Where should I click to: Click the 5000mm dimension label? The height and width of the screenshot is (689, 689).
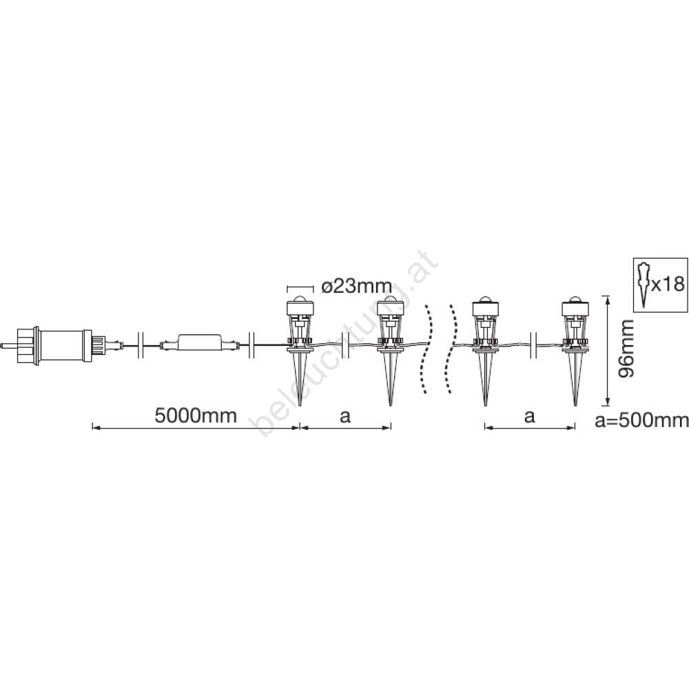coord(196,415)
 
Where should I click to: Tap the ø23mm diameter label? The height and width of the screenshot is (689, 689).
coord(356,287)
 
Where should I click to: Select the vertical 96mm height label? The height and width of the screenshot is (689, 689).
coord(626,349)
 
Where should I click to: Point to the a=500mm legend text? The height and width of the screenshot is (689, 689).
coord(641,420)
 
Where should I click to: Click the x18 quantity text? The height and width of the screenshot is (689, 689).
coord(668,285)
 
